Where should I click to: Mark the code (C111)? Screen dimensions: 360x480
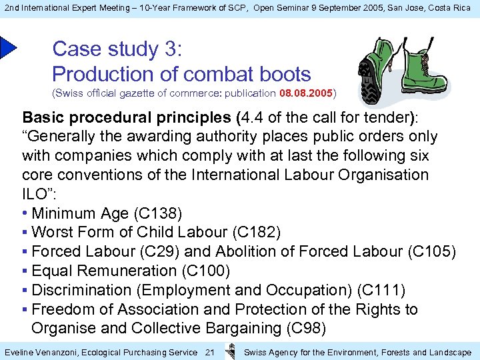click(x=381, y=290)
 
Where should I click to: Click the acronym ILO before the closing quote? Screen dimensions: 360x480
click(x=34, y=194)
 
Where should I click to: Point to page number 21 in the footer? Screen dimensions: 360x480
click(x=209, y=352)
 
